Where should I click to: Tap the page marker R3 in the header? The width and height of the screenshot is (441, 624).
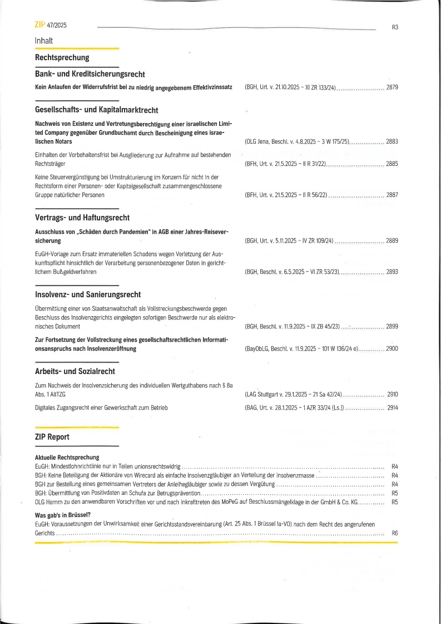(395, 27)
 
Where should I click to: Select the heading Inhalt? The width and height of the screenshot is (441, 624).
(44, 41)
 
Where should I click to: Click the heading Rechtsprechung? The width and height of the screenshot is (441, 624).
(62, 57)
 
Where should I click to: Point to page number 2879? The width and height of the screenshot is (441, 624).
(392, 88)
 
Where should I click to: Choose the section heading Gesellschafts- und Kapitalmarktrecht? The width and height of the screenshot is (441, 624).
(96, 110)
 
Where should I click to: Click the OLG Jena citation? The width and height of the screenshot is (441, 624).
(296, 142)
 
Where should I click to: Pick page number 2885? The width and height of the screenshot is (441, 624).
(392, 164)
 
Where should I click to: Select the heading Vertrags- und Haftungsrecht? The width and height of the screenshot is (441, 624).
(82, 218)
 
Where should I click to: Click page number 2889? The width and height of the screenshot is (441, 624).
(392, 241)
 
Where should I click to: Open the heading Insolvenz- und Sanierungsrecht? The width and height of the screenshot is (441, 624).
(88, 294)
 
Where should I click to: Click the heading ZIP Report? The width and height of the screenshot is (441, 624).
(52, 437)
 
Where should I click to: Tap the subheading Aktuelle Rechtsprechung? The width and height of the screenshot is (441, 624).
(67, 458)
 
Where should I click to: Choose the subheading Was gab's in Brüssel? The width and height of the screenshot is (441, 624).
(63, 515)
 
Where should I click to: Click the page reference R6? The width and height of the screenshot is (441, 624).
(395, 533)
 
